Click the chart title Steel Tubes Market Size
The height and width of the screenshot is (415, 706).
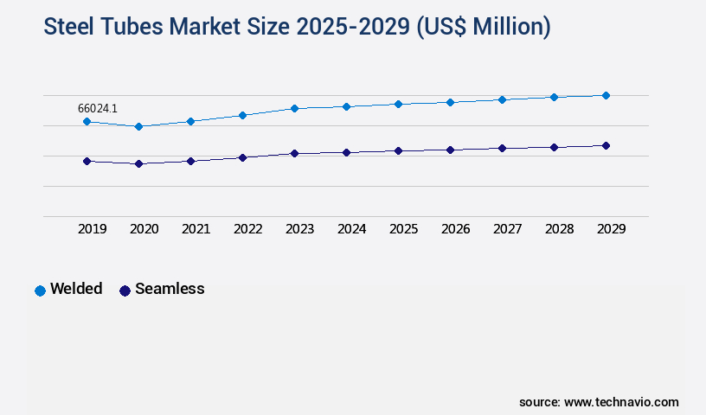coord(297,27)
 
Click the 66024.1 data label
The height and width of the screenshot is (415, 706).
coord(98,108)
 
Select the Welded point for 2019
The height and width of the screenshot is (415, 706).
coord(87,122)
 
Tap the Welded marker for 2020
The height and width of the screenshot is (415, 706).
coord(138,126)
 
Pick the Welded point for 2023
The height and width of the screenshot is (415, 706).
coord(294,108)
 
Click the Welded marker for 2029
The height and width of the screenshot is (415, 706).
coord(606,95)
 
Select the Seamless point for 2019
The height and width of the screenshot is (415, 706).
coord(87,161)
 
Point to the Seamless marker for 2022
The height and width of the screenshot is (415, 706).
coord(242,157)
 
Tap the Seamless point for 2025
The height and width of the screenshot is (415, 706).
coord(398,150)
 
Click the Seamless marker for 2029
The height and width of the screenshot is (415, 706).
coord(606,145)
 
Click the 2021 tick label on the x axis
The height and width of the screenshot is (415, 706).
coord(196,229)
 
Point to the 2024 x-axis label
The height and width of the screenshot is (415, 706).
coord(351,229)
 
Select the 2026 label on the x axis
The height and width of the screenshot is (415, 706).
coord(455,229)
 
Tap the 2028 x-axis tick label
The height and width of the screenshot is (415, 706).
coord(559,229)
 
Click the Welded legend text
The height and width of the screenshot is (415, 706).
coord(76,289)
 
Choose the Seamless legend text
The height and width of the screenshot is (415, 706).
coord(170,289)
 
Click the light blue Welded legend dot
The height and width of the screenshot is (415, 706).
coord(40,290)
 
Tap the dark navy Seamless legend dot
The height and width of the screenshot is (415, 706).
coord(125,290)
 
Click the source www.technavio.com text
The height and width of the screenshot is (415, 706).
coord(599,402)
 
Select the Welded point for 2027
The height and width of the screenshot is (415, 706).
coord(502,99)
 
